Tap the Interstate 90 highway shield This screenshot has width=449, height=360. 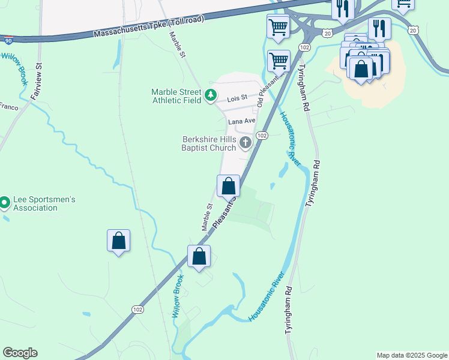pyautogui.click(x=8, y=41)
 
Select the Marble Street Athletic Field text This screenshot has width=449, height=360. pyautogui.click(x=176, y=96)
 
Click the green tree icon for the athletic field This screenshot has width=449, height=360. pyautogui.click(x=210, y=95)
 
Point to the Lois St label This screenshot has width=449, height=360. pyautogui.click(x=237, y=100)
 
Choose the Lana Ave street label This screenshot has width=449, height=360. pyautogui.click(x=242, y=121)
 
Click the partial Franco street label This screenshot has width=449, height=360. pyautogui.click(x=8, y=107)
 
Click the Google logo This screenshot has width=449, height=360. pyautogui.click(x=20, y=353)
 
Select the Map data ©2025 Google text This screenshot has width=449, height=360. pyautogui.click(x=411, y=355)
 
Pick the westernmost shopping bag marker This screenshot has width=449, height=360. pyautogui.click(x=119, y=241)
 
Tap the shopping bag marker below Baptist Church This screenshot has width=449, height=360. pyautogui.click(x=228, y=186)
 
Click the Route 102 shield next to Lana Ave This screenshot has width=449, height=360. pyautogui.click(x=262, y=136)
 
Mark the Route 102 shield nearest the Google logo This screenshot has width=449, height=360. pyautogui.click(x=137, y=308)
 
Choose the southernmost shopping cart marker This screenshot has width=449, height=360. pyautogui.click(x=278, y=60)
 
